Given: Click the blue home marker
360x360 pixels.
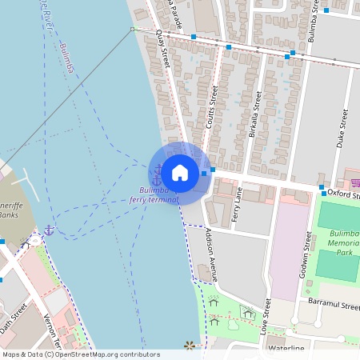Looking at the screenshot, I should [180, 172].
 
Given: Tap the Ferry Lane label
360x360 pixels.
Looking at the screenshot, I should [236, 204].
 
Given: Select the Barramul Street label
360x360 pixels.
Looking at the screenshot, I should [334, 305].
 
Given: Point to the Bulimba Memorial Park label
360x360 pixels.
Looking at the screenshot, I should [343, 242].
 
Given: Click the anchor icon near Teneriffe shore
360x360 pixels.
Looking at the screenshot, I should [48, 230].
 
